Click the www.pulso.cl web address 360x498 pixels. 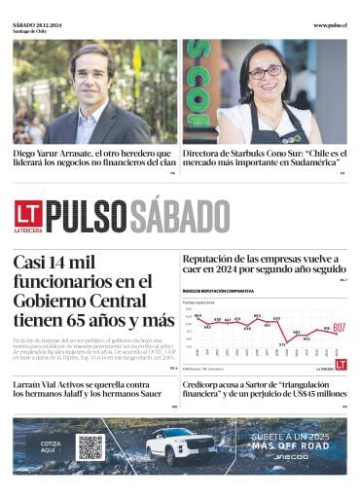click(x=329, y=25)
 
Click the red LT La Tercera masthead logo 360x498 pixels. click(x=27, y=217)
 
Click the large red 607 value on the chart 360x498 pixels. click(x=339, y=328)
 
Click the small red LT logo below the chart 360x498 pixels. click(x=340, y=365)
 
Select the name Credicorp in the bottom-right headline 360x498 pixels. click(x=201, y=385)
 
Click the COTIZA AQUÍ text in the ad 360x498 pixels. click(x=50, y=446)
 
